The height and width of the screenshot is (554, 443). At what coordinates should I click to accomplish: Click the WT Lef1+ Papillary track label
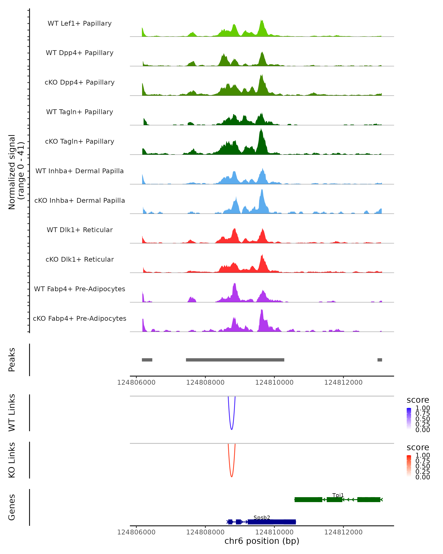click(x=80, y=23)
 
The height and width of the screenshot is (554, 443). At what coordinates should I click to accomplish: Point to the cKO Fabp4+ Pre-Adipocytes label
click(x=80, y=318)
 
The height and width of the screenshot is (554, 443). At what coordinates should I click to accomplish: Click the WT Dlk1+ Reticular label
click(x=80, y=230)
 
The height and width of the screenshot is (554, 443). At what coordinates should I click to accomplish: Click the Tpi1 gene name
click(x=338, y=495)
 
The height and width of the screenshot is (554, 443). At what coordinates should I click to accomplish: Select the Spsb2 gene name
click(x=262, y=517)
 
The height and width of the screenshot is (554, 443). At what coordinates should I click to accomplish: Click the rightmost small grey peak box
click(x=380, y=360)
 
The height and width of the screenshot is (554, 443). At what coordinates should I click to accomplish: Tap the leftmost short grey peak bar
click(x=147, y=360)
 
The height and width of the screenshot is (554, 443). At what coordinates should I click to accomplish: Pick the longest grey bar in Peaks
click(x=235, y=360)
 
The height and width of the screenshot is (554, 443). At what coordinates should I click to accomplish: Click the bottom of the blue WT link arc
click(x=232, y=429)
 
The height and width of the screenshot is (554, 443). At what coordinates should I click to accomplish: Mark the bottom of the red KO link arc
click(x=232, y=476)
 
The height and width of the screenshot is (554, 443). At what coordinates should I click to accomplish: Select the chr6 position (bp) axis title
click(x=262, y=541)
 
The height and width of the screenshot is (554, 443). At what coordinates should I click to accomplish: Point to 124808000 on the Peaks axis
click(x=205, y=382)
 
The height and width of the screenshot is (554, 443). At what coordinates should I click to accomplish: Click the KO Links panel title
click(x=12, y=460)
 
